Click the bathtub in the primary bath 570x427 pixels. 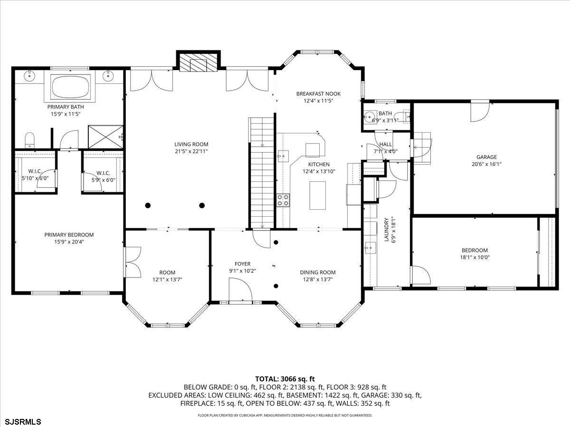(x=71, y=87)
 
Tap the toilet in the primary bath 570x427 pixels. (x=29, y=140)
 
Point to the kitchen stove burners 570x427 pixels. (x=283, y=200)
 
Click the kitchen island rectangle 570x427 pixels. (x=318, y=195)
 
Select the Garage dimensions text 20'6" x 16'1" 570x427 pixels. (x=486, y=164)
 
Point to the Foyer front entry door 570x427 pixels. (x=240, y=290)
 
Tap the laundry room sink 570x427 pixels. (x=370, y=248)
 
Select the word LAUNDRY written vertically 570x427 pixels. (x=386, y=230)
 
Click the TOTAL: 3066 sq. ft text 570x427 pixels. (x=285, y=379)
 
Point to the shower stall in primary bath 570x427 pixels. (x=105, y=137)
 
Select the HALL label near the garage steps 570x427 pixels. (x=386, y=144)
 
